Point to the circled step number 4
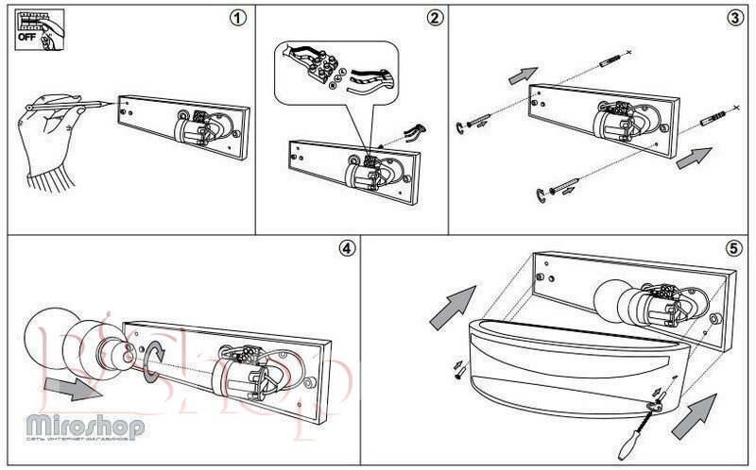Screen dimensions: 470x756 346,248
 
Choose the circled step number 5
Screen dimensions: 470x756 733,248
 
